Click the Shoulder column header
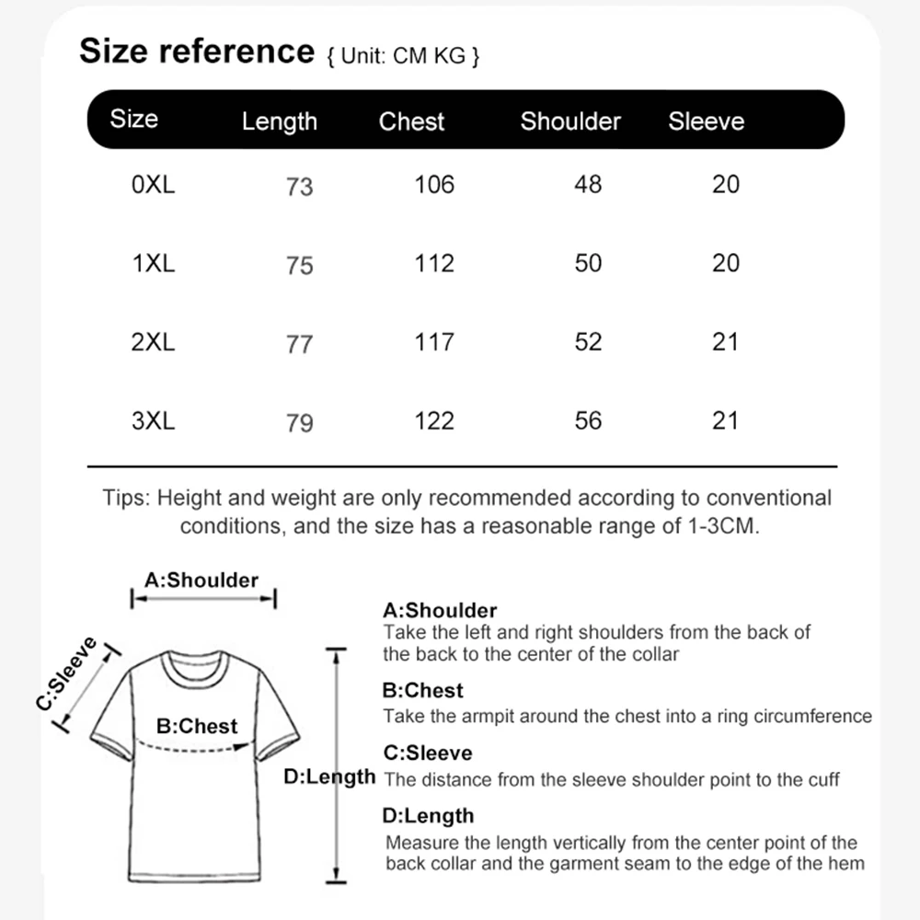pos(570,121)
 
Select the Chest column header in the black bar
pos(411,121)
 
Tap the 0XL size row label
pos(153,185)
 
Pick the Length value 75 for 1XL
pos(300,265)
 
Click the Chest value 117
pos(434,342)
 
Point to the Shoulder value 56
pos(588,420)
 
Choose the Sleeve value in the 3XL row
pos(726,420)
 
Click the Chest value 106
pos(434,185)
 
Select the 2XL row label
pos(153,342)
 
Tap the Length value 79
pos(300,422)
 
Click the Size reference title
pos(197,51)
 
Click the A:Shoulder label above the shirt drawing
pos(201,581)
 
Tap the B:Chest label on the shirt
pos(197,726)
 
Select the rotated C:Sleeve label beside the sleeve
pos(67,673)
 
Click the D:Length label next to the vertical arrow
pos(329,776)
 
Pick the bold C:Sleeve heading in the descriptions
pos(428,753)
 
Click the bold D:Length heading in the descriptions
pos(429,816)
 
